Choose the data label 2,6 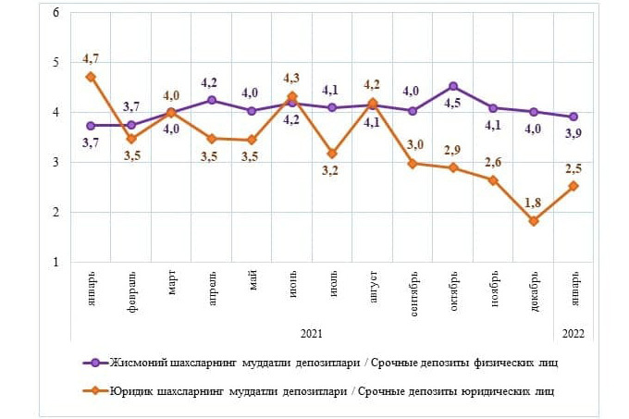point(494,162)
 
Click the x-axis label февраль point(132,293)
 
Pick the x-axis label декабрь point(535,293)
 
